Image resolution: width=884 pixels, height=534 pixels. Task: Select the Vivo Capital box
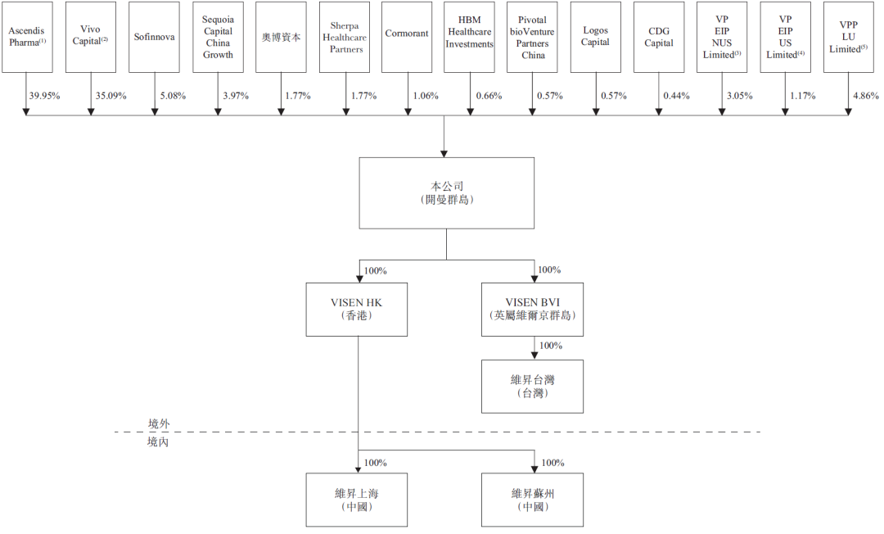pyautogui.click(x=90, y=36)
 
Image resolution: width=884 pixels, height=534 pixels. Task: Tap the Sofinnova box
pyautogui.click(x=154, y=36)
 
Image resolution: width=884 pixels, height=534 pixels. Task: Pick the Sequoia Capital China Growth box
pyautogui.click(x=218, y=36)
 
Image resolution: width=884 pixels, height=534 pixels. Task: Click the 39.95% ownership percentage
pyautogui.click(x=44, y=96)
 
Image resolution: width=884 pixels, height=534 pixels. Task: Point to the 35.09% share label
pyautogui.click(x=110, y=96)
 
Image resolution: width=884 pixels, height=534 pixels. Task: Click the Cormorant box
pyautogui.click(x=406, y=36)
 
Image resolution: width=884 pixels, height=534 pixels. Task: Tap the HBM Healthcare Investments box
pyautogui.click(x=470, y=36)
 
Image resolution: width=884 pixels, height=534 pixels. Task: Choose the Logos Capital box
pyautogui.click(x=596, y=36)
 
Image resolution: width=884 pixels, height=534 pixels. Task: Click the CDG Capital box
pyautogui.click(x=659, y=36)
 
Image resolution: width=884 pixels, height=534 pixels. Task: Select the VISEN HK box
pyautogui.click(x=356, y=309)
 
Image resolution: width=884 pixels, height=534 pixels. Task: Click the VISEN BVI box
pyautogui.click(x=533, y=309)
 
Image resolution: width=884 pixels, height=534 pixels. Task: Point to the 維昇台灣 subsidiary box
pyautogui.click(x=533, y=386)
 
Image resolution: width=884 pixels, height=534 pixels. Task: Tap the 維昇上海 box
pyautogui.click(x=356, y=500)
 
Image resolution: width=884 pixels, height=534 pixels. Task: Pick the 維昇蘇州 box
pyautogui.click(x=533, y=500)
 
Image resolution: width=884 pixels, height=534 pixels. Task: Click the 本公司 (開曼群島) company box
pyautogui.click(x=444, y=192)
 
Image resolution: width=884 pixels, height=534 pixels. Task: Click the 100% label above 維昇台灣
pyautogui.click(x=551, y=346)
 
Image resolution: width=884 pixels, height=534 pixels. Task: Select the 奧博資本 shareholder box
pyautogui.click(x=281, y=36)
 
